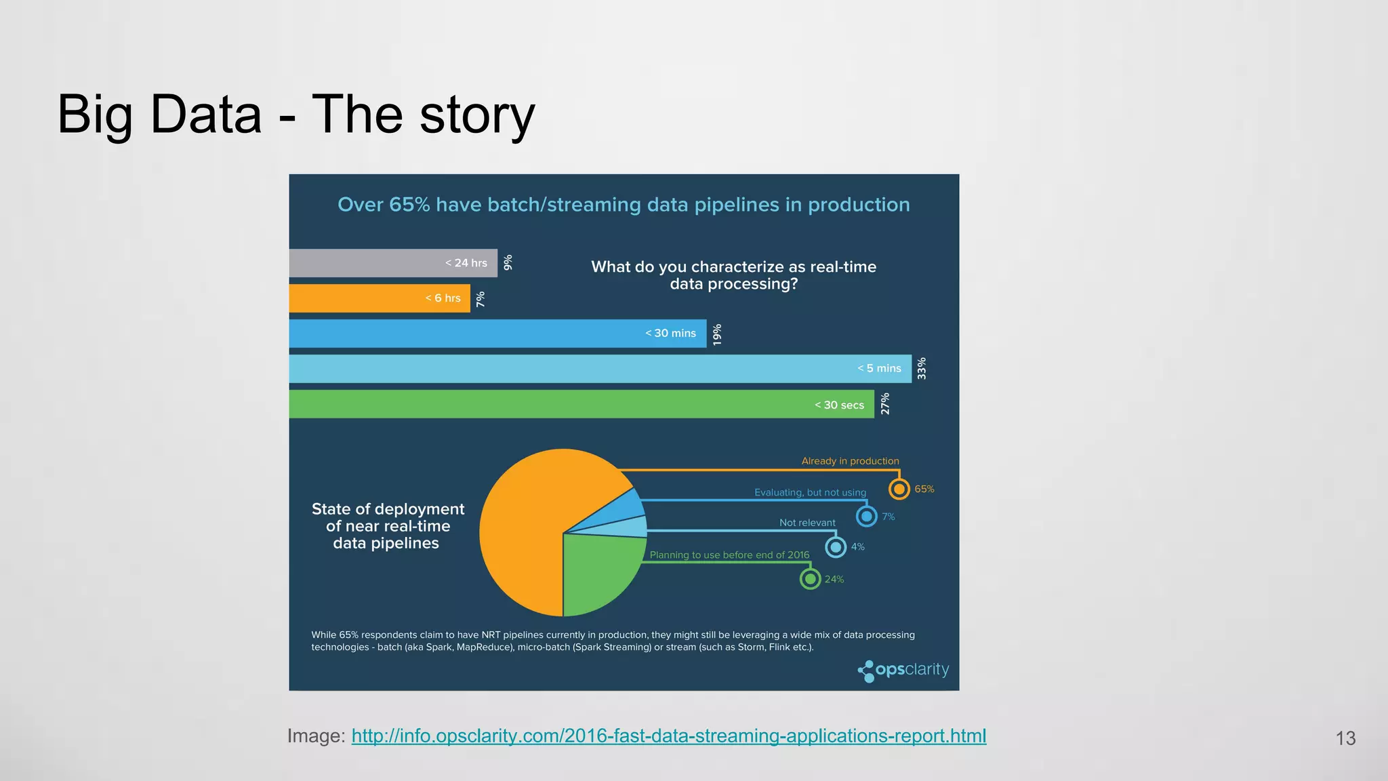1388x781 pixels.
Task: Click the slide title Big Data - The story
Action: [296, 115]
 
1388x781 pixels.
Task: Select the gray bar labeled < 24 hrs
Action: [393, 263]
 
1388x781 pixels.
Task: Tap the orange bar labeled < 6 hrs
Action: [380, 298]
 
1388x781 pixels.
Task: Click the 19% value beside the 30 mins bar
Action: [717, 334]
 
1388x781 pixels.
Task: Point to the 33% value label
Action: [922, 369]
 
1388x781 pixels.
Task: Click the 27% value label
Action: [885, 404]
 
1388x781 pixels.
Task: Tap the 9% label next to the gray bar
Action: [508, 263]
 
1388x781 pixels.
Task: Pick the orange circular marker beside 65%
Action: [899, 489]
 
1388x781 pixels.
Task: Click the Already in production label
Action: [850, 461]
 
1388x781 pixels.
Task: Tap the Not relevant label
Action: [807, 523]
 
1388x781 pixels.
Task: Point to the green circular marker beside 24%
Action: [810, 579]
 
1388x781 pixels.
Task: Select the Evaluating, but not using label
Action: [810, 492]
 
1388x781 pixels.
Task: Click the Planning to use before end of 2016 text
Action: [729, 555]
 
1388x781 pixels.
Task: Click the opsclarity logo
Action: [903, 670]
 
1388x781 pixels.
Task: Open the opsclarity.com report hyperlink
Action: [669, 736]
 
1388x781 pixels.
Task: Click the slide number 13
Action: [1345, 738]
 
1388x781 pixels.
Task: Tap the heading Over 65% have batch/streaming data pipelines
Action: [624, 205]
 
